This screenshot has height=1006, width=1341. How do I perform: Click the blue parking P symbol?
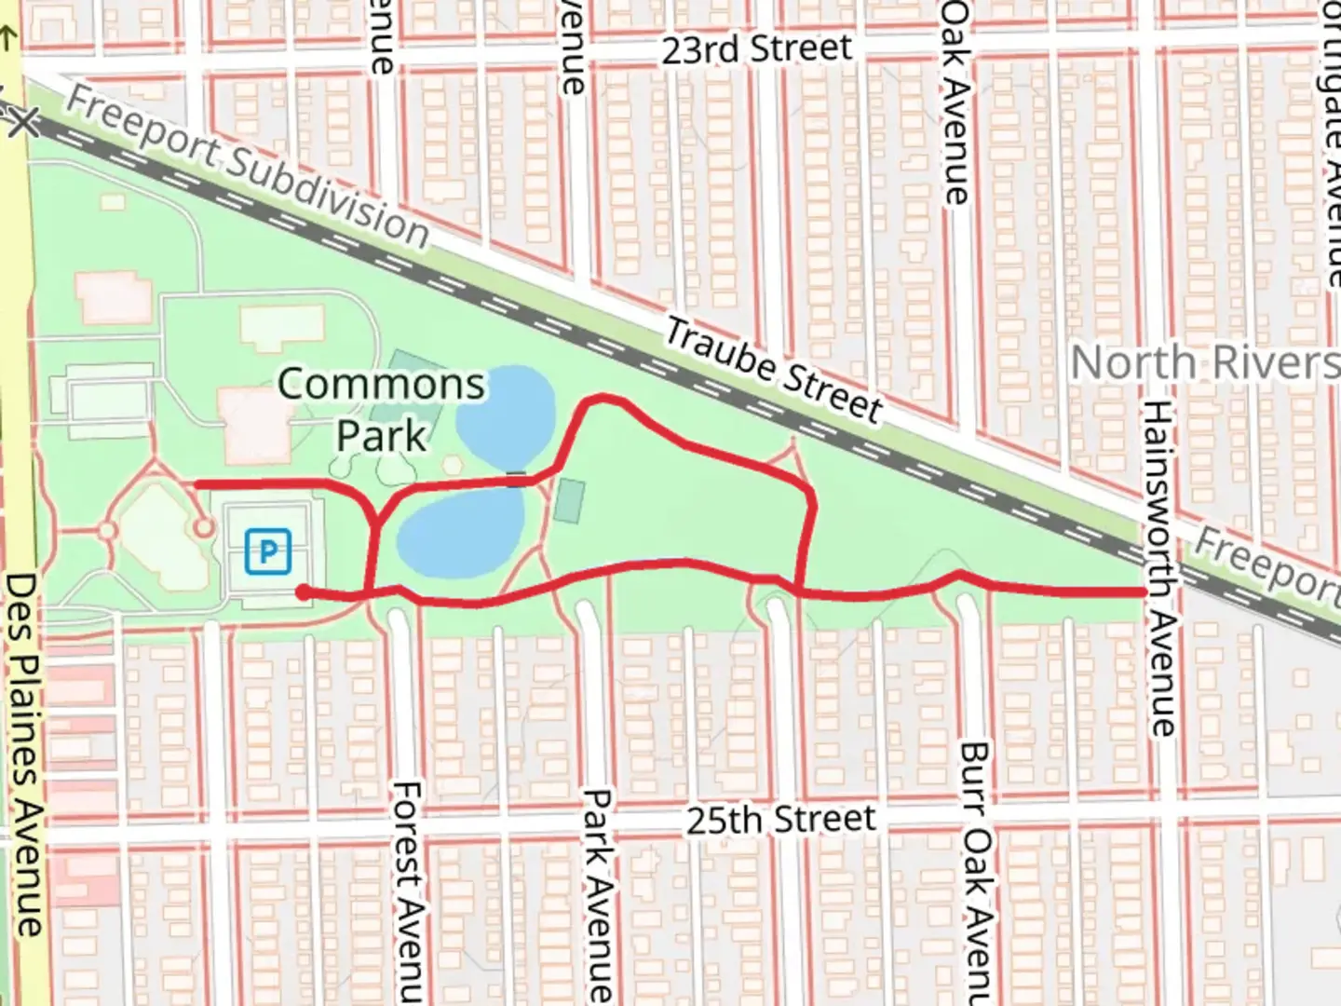[x=268, y=551]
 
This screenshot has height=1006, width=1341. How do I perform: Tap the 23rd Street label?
[x=756, y=48]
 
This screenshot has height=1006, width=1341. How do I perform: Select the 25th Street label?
[x=780, y=820]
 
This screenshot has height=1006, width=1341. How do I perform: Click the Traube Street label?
[x=773, y=369]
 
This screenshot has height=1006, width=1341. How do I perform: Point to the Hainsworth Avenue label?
[x=1158, y=568]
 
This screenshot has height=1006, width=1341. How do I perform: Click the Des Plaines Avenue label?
[x=25, y=754]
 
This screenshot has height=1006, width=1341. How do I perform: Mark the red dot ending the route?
[x=303, y=591]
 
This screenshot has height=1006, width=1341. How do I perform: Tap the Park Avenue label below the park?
[x=597, y=894]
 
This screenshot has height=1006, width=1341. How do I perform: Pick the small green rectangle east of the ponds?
[x=570, y=501]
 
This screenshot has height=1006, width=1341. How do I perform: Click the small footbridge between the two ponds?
[x=516, y=479]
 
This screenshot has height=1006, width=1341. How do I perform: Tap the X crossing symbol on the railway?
[x=22, y=121]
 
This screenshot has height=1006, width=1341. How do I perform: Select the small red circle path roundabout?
[x=203, y=528]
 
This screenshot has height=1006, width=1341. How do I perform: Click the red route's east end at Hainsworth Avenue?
[x=1142, y=592]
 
